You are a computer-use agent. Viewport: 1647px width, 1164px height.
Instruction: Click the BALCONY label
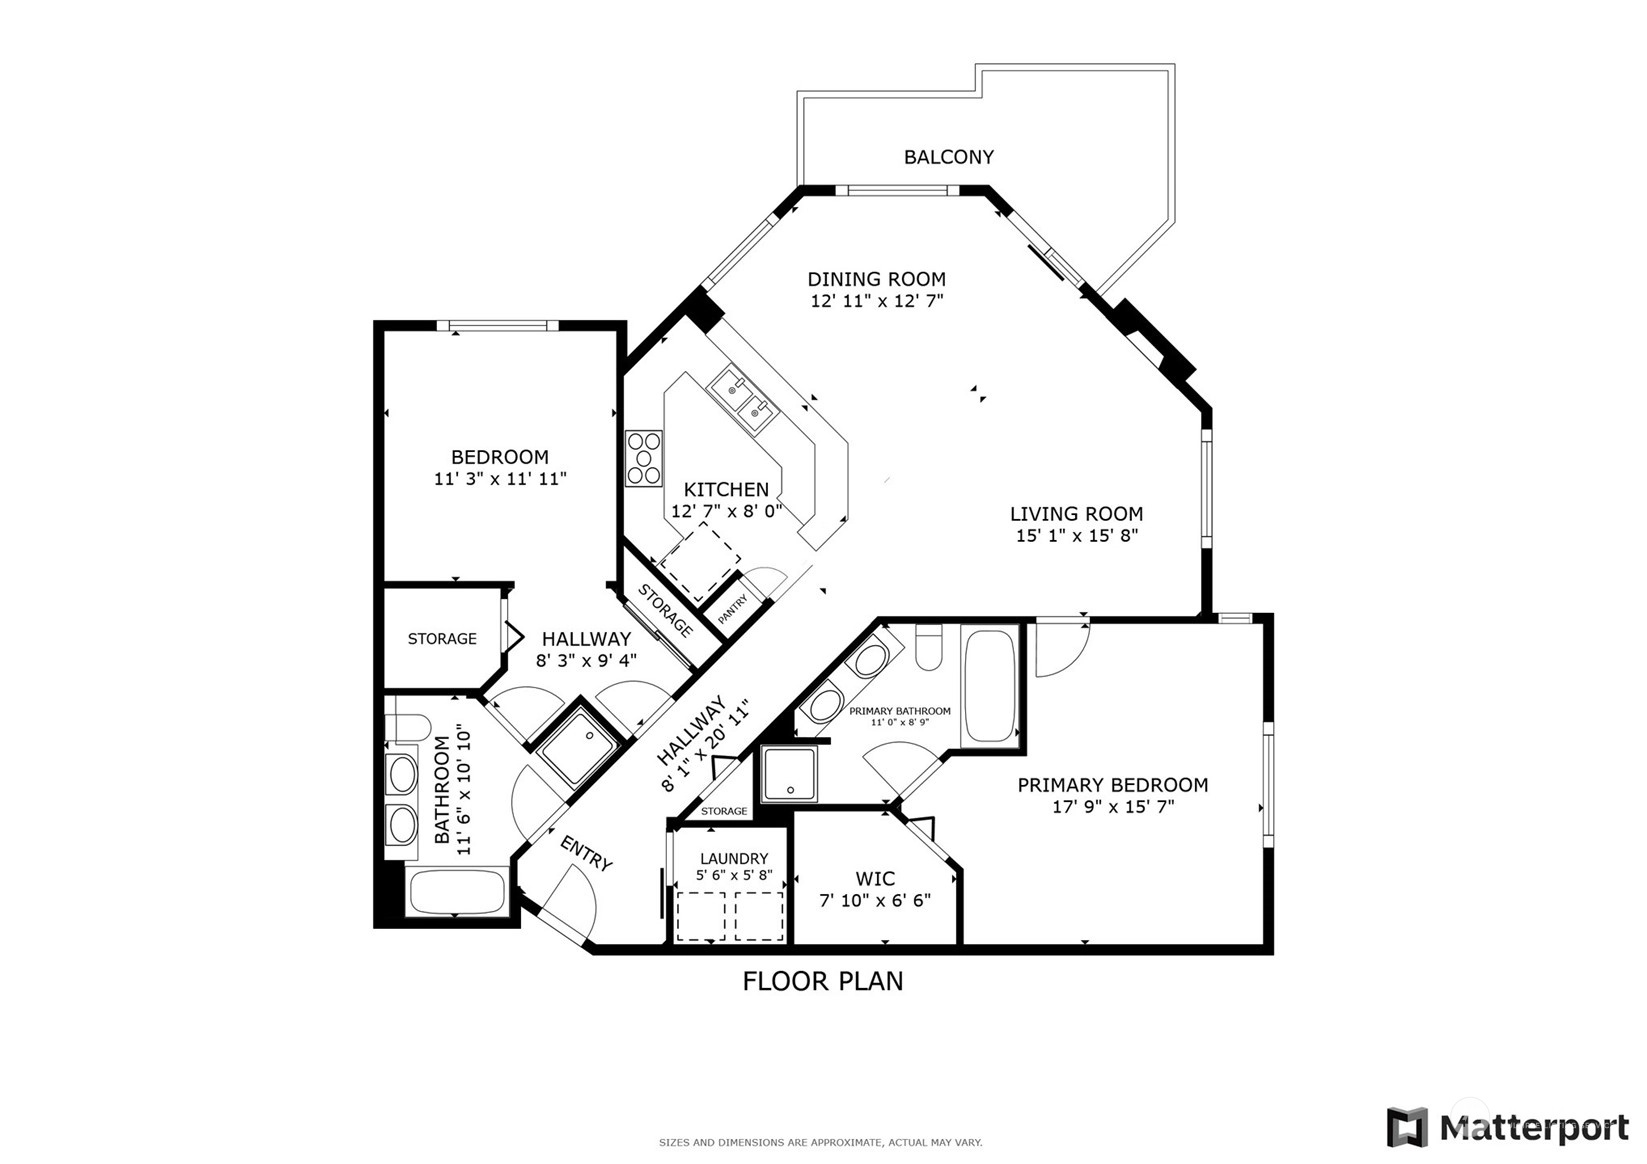(x=948, y=157)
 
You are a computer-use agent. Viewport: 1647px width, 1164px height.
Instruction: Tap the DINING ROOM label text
(x=876, y=279)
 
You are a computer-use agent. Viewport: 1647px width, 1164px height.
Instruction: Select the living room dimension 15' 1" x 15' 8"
(x=1076, y=536)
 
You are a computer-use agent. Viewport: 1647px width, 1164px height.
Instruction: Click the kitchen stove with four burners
(x=643, y=458)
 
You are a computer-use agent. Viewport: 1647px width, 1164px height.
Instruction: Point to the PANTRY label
(x=732, y=610)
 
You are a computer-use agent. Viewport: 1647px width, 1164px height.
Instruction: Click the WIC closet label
(x=875, y=879)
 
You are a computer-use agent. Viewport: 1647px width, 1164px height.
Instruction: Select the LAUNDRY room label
(x=734, y=858)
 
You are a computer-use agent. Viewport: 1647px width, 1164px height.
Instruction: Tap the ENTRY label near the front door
(x=586, y=854)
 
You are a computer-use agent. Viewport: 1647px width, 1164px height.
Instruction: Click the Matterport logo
(x=1508, y=1127)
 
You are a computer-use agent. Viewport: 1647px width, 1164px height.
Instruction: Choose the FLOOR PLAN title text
(x=823, y=982)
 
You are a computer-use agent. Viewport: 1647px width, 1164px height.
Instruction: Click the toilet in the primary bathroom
(x=929, y=647)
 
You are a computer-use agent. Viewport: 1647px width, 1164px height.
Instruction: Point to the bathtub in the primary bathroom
(x=989, y=685)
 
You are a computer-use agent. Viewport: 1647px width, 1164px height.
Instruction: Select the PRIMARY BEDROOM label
(x=1112, y=785)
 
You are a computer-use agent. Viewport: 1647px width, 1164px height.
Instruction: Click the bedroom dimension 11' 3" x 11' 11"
(x=500, y=479)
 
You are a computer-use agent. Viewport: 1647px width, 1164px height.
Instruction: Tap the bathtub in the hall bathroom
(x=457, y=892)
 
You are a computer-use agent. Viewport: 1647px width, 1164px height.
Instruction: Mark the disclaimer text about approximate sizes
(x=821, y=1143)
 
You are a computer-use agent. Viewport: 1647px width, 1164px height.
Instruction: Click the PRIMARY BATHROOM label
(x=900, y=711)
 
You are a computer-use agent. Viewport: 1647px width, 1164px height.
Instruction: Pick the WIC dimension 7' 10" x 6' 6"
(x=875, y=901)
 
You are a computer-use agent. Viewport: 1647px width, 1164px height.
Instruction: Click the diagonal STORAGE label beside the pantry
(x=665, y=610)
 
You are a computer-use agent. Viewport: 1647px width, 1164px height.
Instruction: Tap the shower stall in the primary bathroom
(x=790, y=774)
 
